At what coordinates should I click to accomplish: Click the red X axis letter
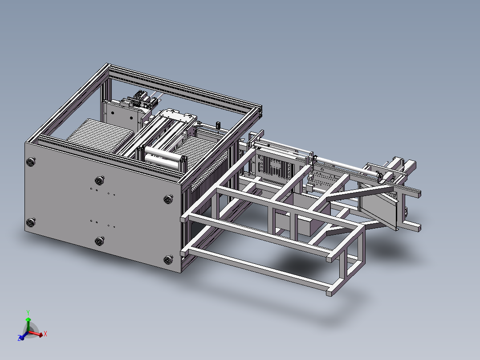coord(45,333)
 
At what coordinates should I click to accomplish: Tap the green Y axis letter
coord(28,312)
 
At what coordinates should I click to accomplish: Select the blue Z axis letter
coord(20,339)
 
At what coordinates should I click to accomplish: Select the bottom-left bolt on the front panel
coord(31,223)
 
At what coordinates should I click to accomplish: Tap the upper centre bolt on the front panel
coord(99,180)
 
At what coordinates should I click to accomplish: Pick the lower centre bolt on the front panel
coord(99,241)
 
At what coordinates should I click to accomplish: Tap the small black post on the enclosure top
coord(218,124)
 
